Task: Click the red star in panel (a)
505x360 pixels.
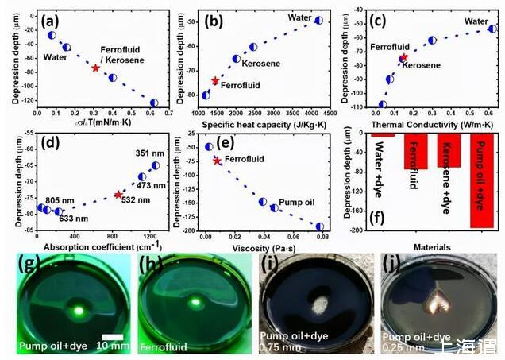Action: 95,68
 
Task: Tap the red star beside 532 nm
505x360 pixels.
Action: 118,195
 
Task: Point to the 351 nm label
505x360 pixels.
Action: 146,153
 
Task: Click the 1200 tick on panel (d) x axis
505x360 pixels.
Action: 149,238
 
